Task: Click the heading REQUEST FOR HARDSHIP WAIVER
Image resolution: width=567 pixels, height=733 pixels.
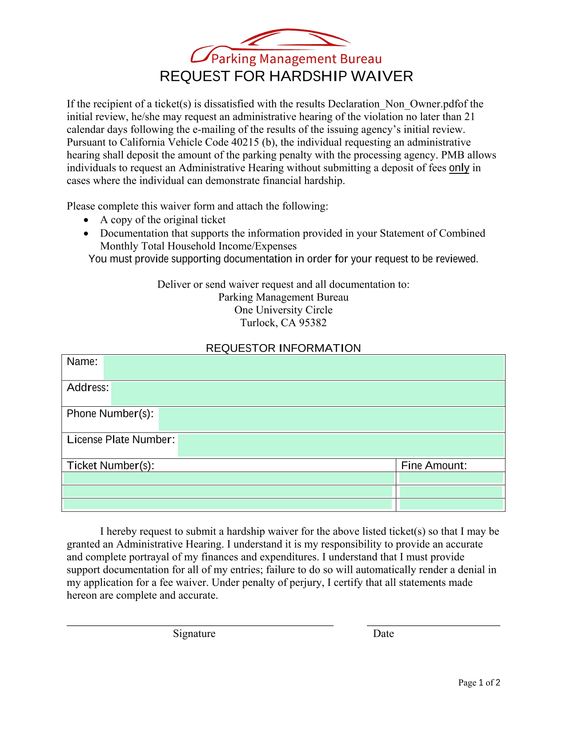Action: [x=286, y=76]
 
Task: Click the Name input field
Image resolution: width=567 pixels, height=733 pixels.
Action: [x=303, y=368]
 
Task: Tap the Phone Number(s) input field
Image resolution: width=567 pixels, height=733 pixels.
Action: [x=331, y=419]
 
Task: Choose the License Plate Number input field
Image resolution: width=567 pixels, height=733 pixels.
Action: [x=341, y=445]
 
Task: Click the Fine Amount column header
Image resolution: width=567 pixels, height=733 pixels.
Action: [x=434, y=465]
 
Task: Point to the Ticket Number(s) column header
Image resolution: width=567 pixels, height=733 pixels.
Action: [x=111, y=465]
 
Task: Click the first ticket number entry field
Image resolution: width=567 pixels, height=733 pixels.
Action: [x=228, y=478]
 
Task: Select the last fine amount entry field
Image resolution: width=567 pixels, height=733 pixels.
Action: [x=451, y=504]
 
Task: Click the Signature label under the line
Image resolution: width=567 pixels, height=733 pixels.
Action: [x=194, y=633]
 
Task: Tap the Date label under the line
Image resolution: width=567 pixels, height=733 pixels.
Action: [x=383, y=633]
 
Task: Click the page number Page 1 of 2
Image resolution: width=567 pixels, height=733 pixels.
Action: [x=479, y=683]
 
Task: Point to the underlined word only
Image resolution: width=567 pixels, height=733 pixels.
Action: [x=459, y=168]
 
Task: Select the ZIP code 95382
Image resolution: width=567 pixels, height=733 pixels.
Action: [x=313, y=323]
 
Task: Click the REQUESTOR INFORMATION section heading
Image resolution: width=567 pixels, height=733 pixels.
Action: [x=283, y=348]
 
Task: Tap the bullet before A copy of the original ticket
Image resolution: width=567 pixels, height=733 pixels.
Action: [x=86, y=220]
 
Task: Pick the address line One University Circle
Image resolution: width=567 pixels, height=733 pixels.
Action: [x=283, y=310]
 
